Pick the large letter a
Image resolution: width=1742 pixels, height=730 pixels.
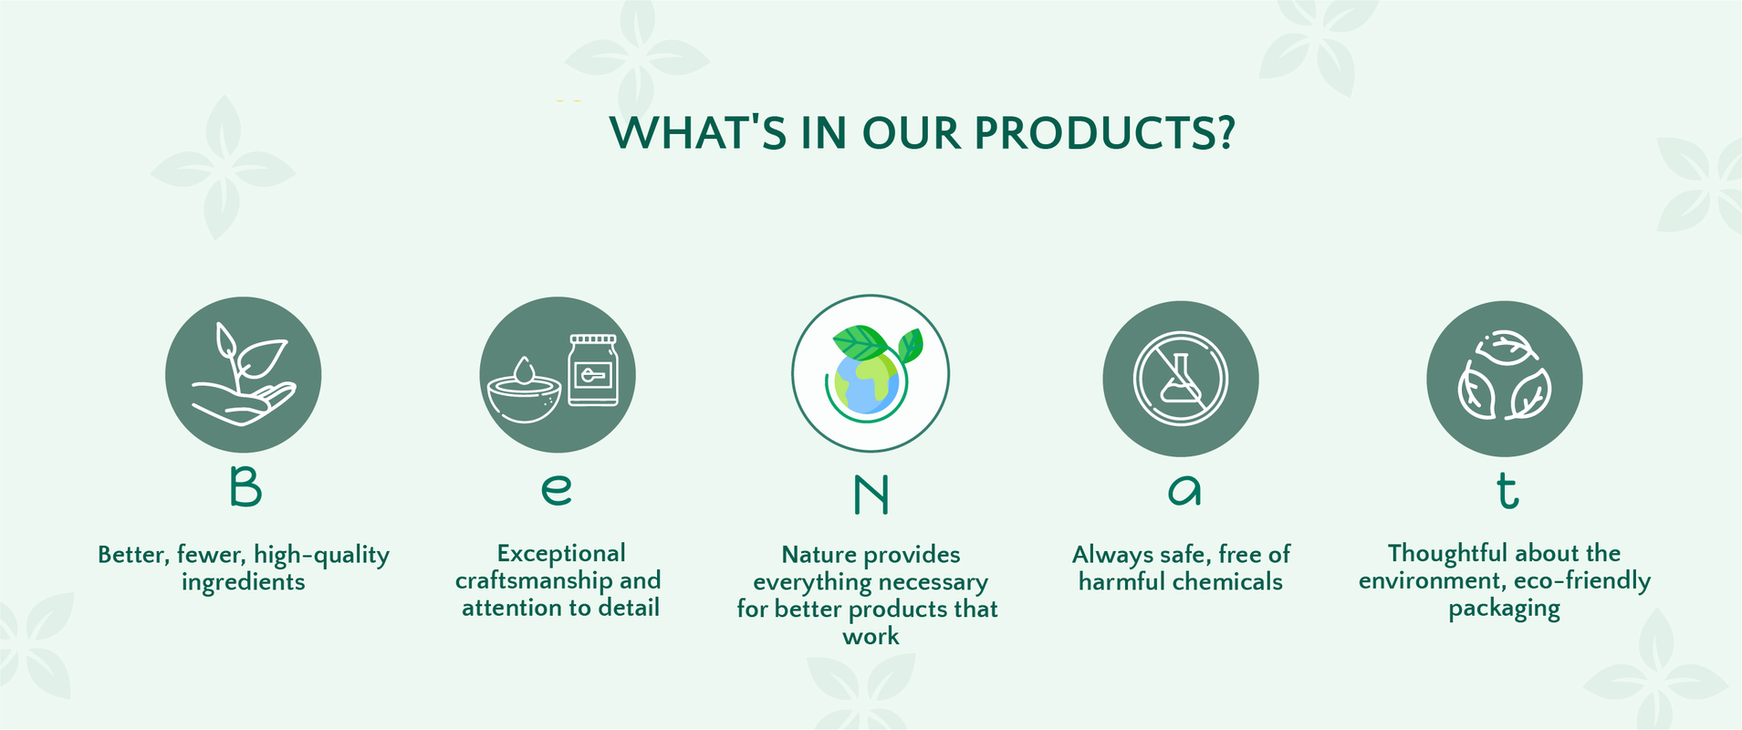(x=1184, y=490)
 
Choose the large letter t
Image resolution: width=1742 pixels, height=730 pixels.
(x=1507, y=491)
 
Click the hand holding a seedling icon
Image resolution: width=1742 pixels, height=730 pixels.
(x=243, y=374)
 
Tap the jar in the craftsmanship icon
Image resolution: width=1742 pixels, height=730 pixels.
(x=593, y=370)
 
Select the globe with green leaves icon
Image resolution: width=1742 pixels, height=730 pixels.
(x=871, y=373)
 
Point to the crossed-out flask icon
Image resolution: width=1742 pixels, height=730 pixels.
(x=1181, y=379)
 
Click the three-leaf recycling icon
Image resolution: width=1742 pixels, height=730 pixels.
(x=1504, y=376)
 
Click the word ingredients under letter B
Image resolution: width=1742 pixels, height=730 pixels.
(x=243, y=582)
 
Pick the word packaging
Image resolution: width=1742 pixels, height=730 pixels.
(x=1504, y=610)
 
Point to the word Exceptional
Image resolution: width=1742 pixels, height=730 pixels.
(x=561, y=554)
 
